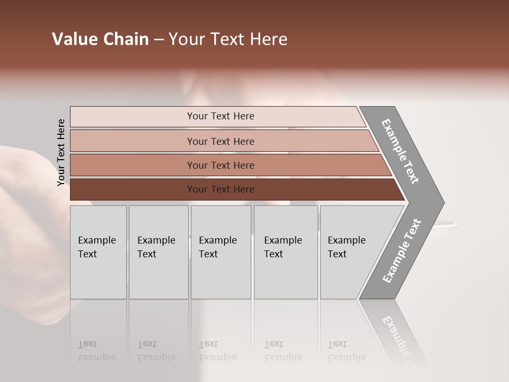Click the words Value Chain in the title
100,39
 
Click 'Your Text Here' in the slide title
228,39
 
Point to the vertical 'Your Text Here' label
61,153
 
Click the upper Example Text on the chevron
400,151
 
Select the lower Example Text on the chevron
401,251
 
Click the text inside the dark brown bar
221,189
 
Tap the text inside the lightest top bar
221,116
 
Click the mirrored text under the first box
96,351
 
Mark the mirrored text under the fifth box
346,351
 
